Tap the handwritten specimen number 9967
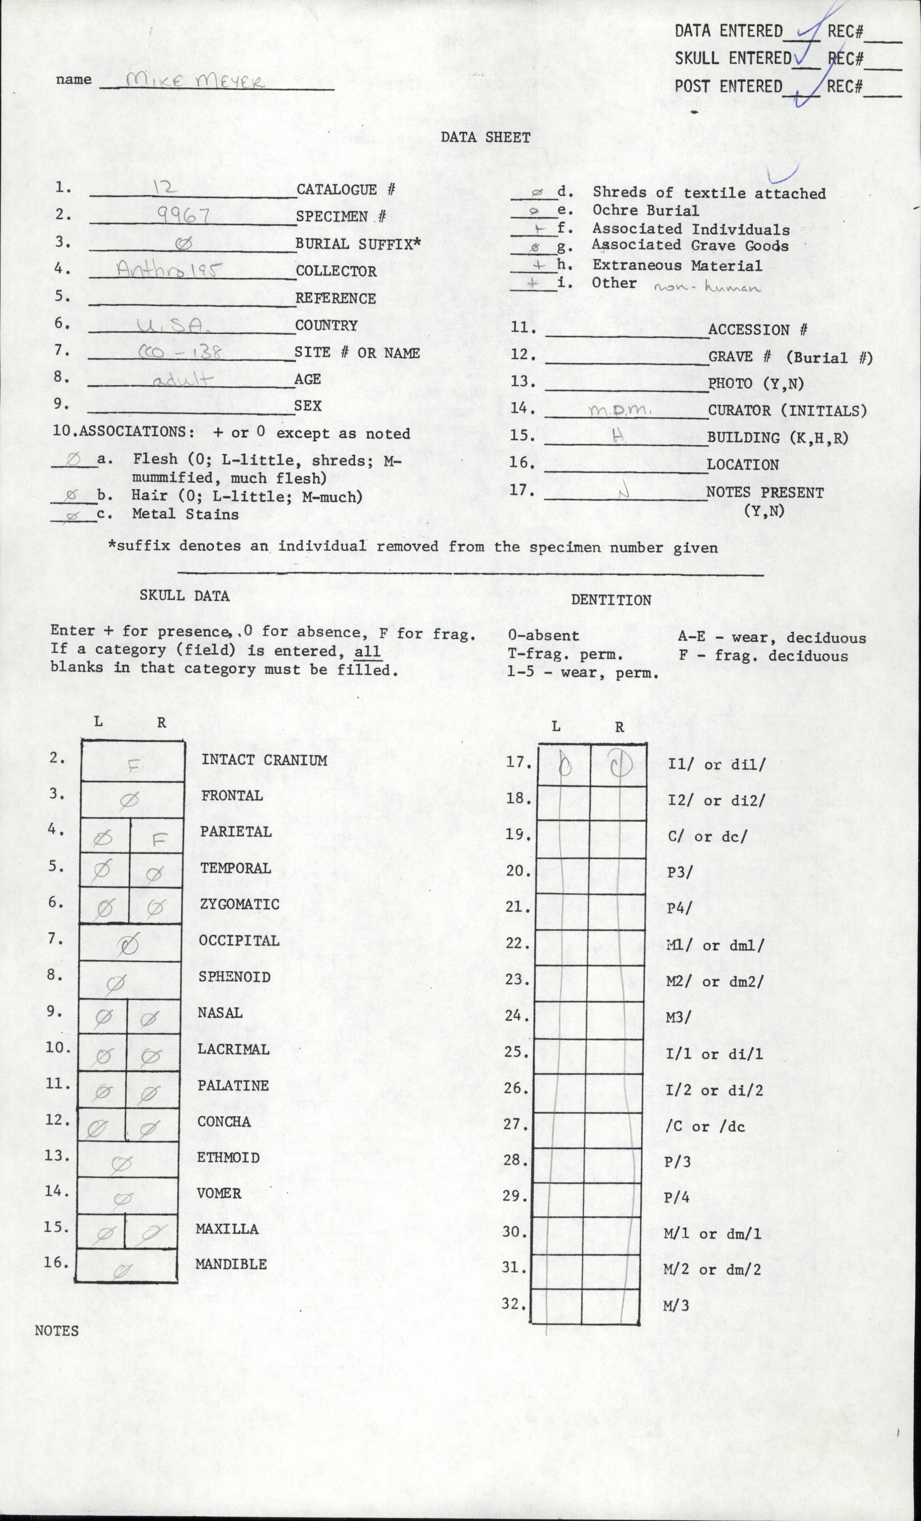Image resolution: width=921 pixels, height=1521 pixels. (183, 215)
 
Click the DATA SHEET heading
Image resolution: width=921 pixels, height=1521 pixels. (485, 138)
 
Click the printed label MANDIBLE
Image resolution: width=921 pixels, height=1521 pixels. (231, 1263)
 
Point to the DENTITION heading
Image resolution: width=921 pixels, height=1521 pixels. (611, 600)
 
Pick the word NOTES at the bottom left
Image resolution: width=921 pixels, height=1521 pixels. (57, 1330)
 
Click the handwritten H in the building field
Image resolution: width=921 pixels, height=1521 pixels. (618, 436)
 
